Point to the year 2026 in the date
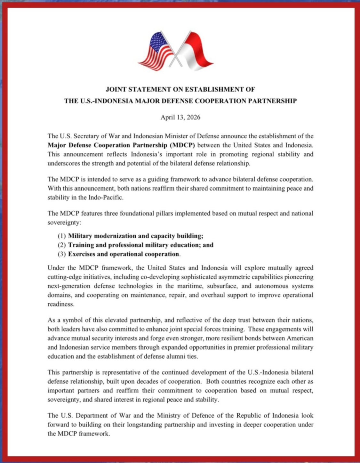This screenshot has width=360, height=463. click(193, 117)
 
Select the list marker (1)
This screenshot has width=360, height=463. click(61, 236)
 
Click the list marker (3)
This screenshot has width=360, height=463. click(61, 254)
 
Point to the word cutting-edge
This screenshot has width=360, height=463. click(65, 277)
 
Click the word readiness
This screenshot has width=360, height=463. click(60, 304)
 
